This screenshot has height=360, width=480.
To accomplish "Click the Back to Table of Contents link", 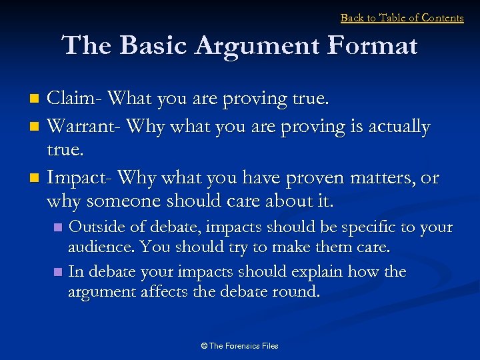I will [x=402, y=18].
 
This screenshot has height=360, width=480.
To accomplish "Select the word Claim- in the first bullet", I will [x=75, y=99].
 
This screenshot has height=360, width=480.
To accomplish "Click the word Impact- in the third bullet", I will [x=80, y=178].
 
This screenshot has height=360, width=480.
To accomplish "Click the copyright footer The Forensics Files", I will [x=239, y=345].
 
